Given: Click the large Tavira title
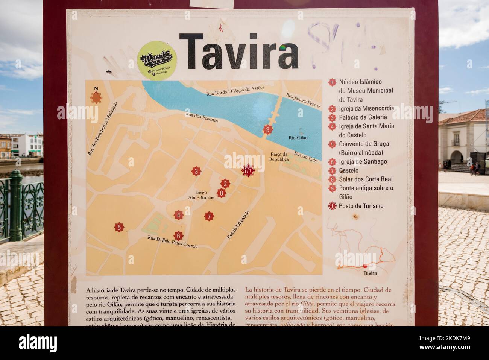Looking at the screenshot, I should (239, 52).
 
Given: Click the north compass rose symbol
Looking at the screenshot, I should (96, 96).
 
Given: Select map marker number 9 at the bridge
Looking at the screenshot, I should (267, 130).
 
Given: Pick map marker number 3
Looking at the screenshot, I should (196, 172).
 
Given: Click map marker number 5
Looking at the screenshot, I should (119, 227).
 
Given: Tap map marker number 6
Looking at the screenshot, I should (179, 236).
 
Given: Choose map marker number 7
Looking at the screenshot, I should (209, 216).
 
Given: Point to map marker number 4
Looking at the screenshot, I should (179, 216).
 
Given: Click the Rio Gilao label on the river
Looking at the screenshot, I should (298, 138).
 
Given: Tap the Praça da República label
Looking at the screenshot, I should (279, 156).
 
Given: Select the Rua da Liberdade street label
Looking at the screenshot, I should (238, 225).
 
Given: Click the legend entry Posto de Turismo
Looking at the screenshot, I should (361, 206).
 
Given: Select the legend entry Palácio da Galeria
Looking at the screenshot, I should (363, 117).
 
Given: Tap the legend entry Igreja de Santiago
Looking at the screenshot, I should (363, 162).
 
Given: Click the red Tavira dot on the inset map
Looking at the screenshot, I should (365, 266).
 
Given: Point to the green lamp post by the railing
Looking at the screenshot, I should (16, 205).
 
